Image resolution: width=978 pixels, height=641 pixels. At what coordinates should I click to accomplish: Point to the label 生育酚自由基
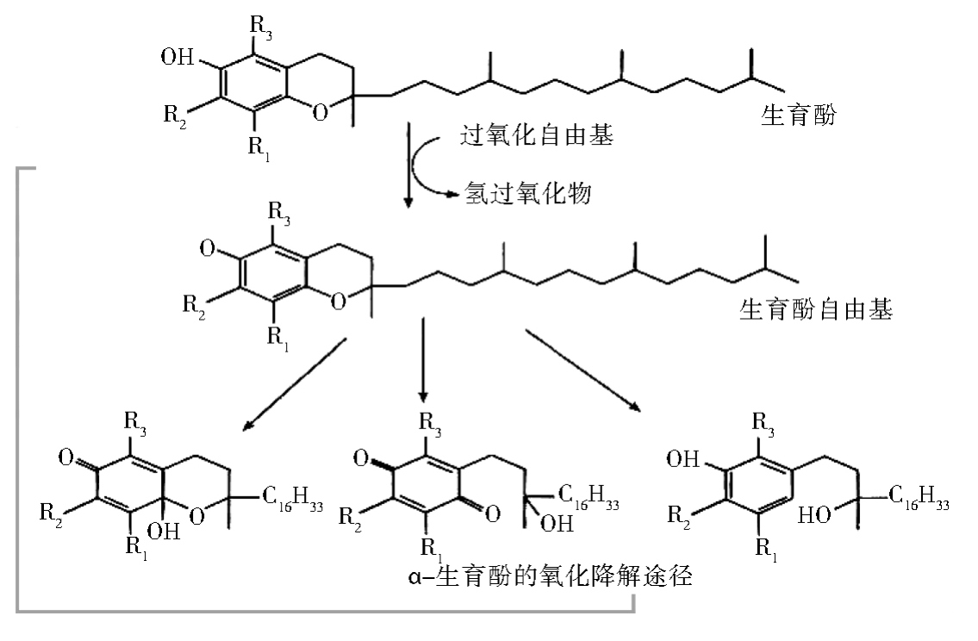coord(815,308)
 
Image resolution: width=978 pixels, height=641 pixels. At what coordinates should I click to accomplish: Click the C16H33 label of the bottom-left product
coord(291,501)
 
